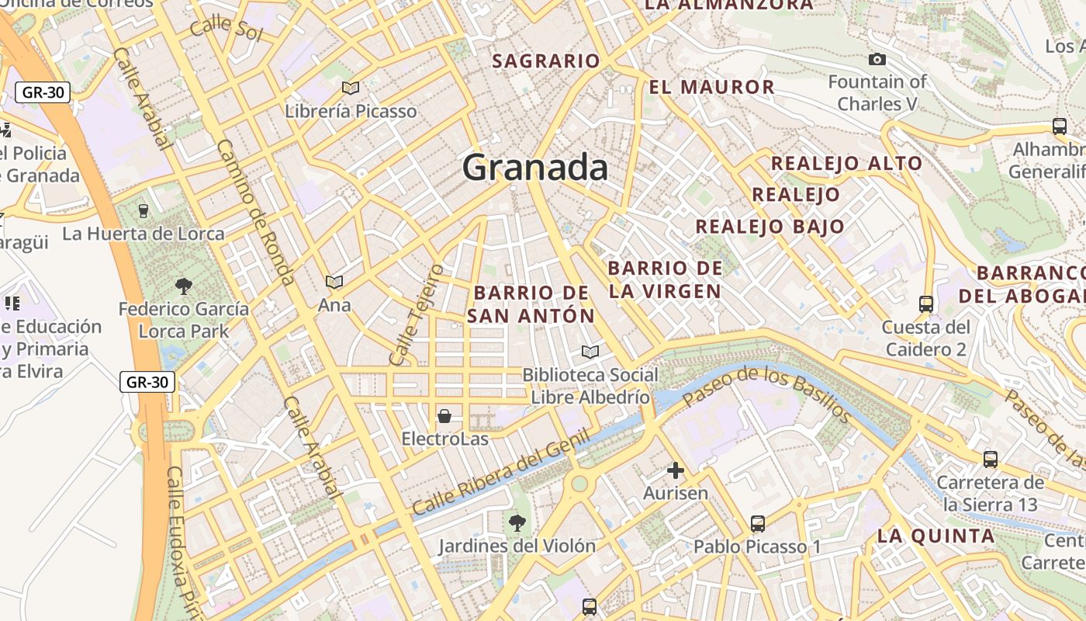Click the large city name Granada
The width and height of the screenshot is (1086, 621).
click(535, 168)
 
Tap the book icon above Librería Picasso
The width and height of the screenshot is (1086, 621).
click(351, 88)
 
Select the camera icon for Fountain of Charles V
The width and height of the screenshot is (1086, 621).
click(877, 59)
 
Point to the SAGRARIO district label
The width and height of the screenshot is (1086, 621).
click(546, 61)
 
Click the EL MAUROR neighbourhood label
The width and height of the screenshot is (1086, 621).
click(711, 87)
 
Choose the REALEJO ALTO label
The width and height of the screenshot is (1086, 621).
click(846, 163)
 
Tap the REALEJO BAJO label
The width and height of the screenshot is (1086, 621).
click(770, 227)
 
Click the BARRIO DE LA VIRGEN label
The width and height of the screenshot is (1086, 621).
click(666, 279)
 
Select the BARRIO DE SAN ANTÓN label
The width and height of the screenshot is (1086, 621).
click(531, 304)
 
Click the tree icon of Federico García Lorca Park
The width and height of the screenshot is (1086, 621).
click(184, 286)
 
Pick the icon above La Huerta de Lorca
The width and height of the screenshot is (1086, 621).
click(143, 210)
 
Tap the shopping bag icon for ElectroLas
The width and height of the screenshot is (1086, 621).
click(444, 416)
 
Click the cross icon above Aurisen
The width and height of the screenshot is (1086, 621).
click(676, 470)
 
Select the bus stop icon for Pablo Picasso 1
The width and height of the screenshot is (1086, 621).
click(757, 523)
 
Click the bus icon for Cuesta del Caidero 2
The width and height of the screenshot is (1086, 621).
click(925, 304)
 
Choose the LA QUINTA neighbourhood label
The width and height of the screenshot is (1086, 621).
click(936, 536)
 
